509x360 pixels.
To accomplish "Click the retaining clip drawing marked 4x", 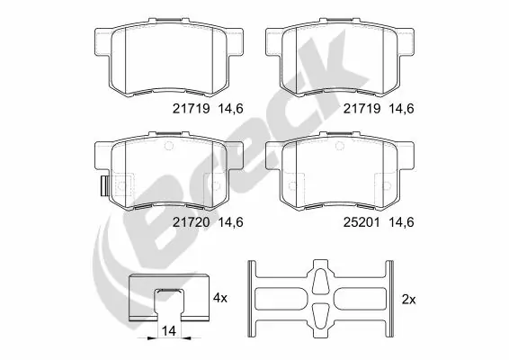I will click(x=168, y=294).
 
